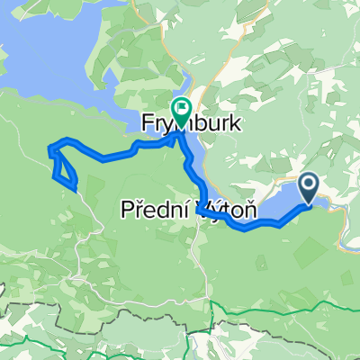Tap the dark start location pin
coord(308,187)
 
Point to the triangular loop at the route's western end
coord(62,166)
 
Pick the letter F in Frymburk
coord(146,122)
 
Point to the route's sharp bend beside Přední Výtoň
coord(200,208)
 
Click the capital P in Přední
coord(127,211)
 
